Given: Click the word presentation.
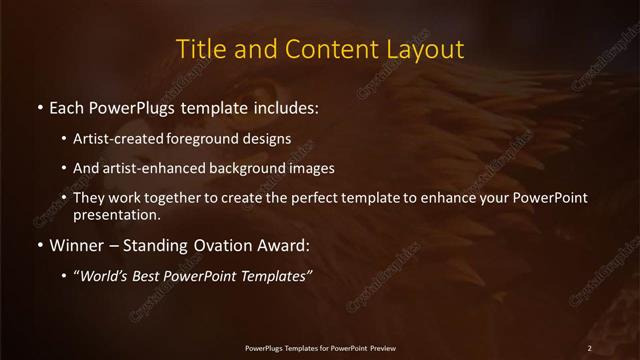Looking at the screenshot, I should click(116, 214).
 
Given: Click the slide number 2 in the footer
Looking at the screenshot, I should click(590, 347).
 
